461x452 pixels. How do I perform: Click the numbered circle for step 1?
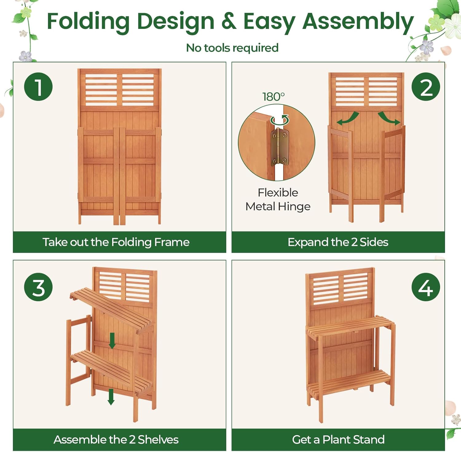click(x=38, y=87)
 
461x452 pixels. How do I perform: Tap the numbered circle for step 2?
click(x=426, y=87)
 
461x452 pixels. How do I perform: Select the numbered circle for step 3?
click(x=38, y=287)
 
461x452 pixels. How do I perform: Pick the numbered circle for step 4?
click(x=426, y=287)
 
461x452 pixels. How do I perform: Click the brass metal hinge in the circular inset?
click(x=280, y=147)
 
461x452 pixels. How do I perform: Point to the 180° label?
click(x=273, y=96)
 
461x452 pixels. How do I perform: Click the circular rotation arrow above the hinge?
click(x=280, y=120)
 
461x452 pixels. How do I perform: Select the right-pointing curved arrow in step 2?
click(x=389, y=118)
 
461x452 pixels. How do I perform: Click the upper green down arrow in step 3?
click(x=112, y=341)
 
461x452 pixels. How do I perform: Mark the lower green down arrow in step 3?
click(x=111, y=397)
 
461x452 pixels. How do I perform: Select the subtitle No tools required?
click(x=232, y=48)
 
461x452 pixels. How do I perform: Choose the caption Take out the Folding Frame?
click(x=116, y=242)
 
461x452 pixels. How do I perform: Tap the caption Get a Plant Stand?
click(x=338, y=440)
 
